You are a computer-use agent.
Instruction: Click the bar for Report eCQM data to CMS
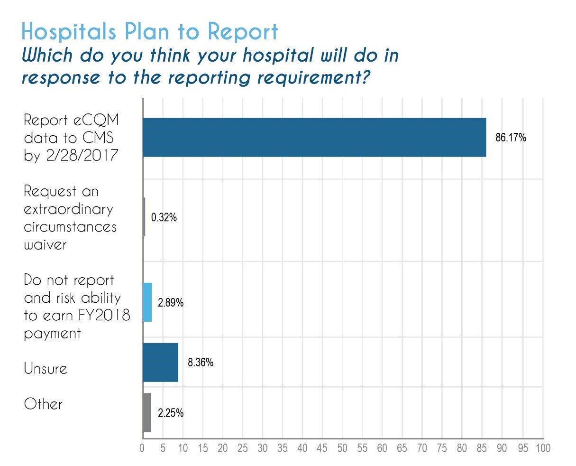coord(314,137)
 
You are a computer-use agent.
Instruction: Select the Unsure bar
coord(161,363)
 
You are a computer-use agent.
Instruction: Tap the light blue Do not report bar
coord(147,302)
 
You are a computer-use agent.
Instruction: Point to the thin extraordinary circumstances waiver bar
coord(144,217)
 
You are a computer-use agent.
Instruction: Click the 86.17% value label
coord(511,138)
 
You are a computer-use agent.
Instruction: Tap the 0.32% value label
coord(164,218)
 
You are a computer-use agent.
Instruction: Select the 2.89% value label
coord(171,303)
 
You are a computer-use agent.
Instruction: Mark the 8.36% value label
coord(201,363)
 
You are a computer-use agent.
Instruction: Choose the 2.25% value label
coord(171,413)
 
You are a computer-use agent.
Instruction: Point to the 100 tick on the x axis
coord(543,448)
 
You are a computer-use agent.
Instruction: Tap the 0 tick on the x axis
coord(142,448)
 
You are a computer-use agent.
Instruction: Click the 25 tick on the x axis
coord(243,448)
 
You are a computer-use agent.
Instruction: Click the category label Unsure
coord(46,369)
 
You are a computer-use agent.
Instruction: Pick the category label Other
coord(43,404)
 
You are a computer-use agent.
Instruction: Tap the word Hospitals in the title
coord(69,32)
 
